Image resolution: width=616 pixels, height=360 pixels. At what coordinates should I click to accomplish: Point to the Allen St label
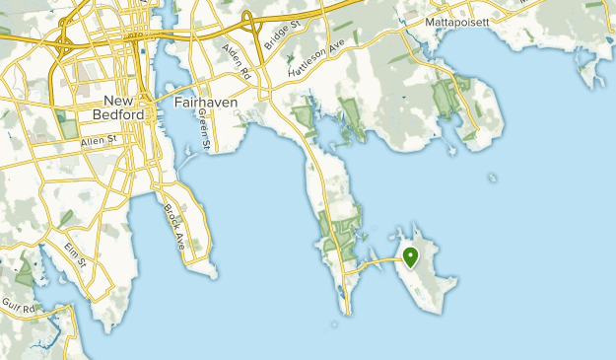coord(99,142)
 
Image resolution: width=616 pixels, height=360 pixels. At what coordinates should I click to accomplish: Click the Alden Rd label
coord(238,62)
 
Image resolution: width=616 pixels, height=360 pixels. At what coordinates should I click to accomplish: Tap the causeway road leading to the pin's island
coord(379,262)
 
